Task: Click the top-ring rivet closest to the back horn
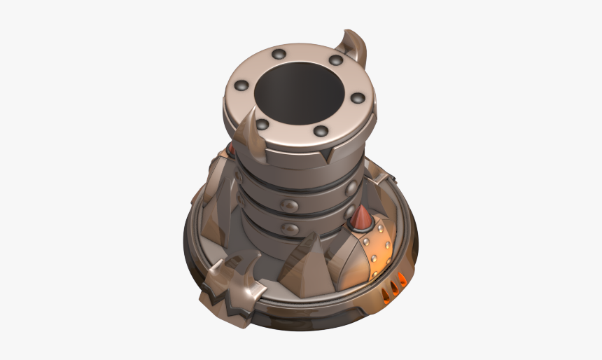(x=335, y=61)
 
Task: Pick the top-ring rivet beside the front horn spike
(x=262, y=125)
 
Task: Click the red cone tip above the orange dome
(x=362, y=219)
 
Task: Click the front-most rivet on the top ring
(x=321, y=131)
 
